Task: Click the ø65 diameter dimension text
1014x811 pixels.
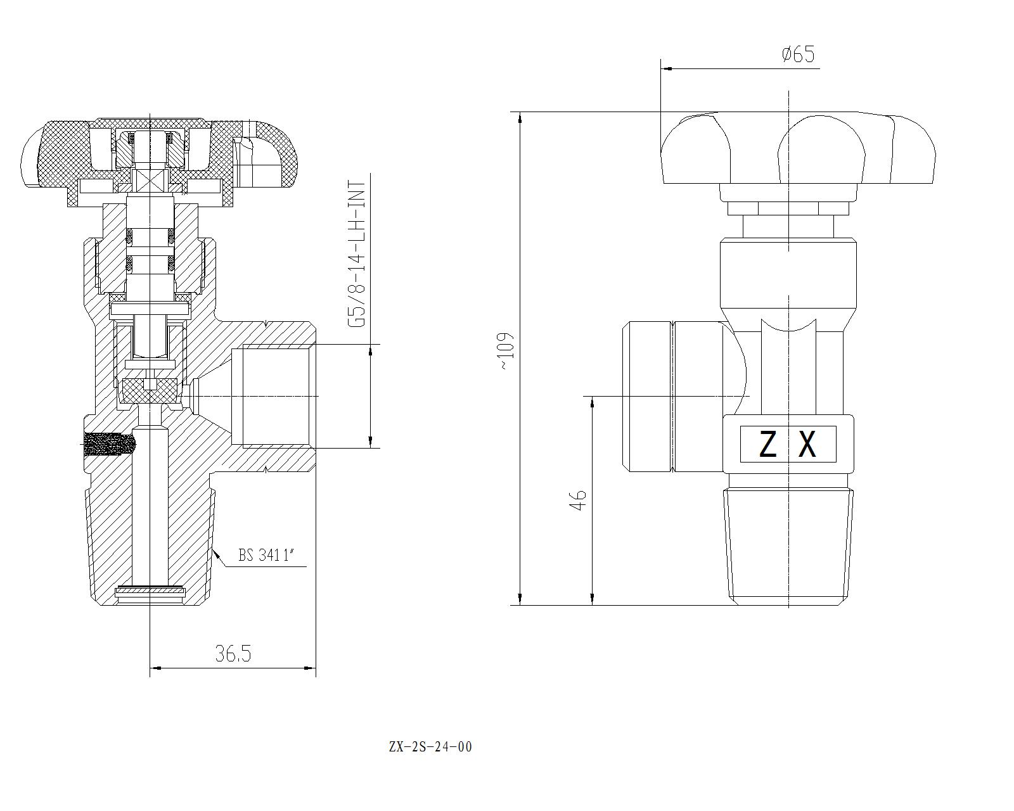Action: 798,54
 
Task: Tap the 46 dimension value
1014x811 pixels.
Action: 578,500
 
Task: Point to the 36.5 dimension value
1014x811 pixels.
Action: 233,653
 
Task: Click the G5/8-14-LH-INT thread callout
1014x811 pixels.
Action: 358,253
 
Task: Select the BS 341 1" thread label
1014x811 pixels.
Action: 267,556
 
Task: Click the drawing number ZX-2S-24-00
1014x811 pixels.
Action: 430,747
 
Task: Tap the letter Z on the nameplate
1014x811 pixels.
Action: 767,444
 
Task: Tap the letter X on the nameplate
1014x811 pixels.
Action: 807,444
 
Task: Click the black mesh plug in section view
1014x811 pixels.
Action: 109,444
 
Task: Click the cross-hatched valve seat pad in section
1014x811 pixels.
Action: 150,391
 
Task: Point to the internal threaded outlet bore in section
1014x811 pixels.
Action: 274,396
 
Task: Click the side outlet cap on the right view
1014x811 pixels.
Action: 672,397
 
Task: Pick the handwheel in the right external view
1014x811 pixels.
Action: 797,150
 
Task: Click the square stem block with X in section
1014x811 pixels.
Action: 150,179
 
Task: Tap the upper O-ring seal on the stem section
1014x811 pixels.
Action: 150,237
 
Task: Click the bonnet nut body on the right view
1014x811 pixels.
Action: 788,272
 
